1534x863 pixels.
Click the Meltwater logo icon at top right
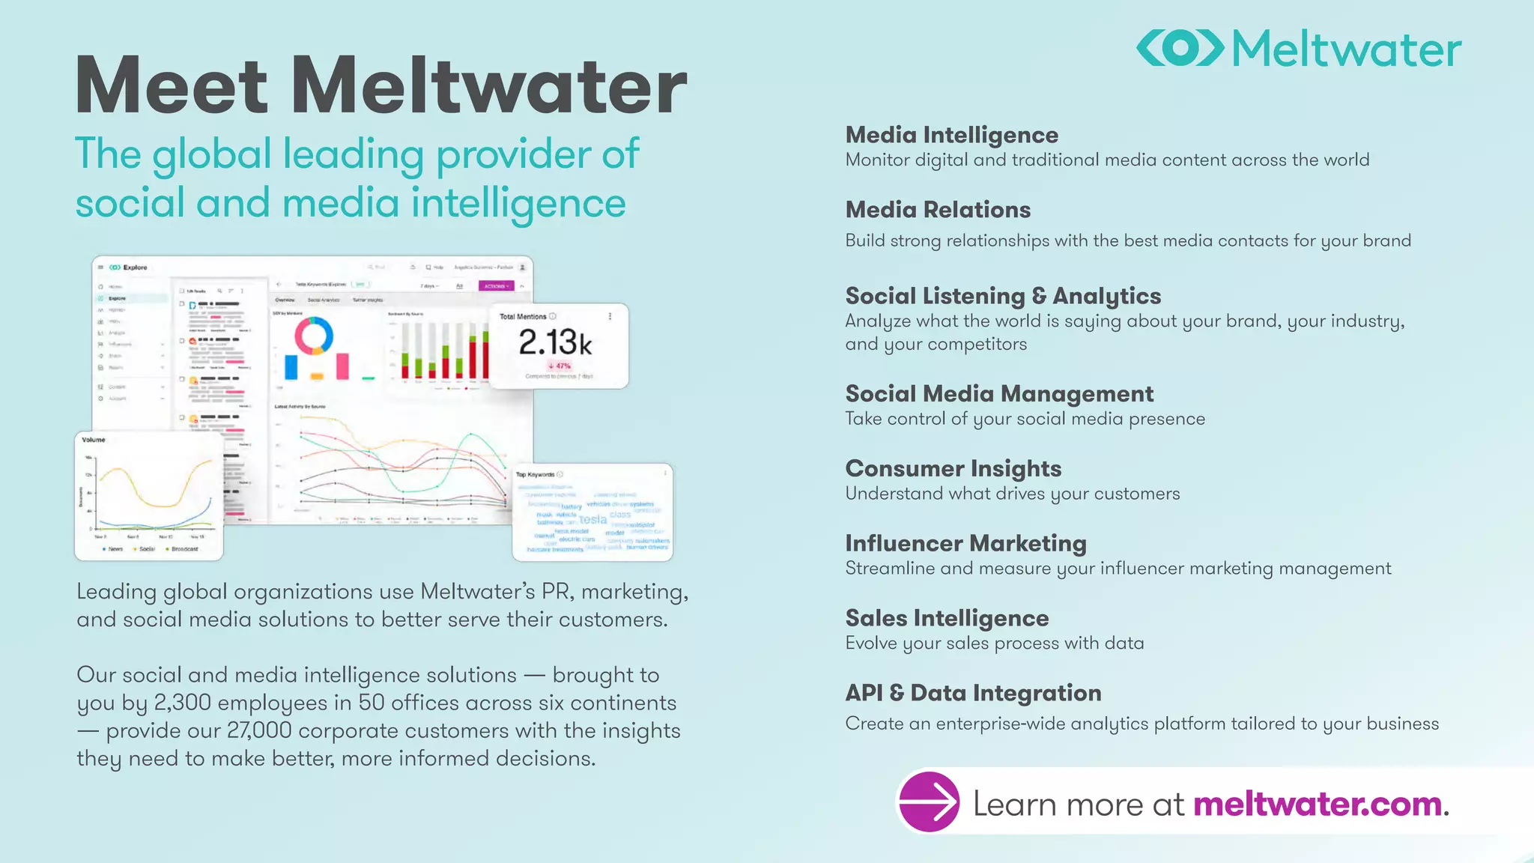[x=1180, y=48]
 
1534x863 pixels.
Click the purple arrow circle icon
[x=929, y=802]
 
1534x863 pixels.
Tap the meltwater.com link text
[x=1318, y=805]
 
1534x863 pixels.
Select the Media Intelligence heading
[x=951, y=135]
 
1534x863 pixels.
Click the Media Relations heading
[x=938, y=210]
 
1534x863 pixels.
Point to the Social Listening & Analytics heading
[x=1003, y=296]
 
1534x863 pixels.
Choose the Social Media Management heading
[x=999, y=393]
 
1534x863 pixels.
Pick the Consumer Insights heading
[x=953, y=468]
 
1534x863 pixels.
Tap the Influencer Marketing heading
[x=965, y=543]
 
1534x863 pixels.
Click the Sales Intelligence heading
[x=947, y=618]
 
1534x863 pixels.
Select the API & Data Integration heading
[x=973, y=693]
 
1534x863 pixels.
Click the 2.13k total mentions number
[x=555, y=342]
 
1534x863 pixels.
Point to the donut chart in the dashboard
[x=314, y=335]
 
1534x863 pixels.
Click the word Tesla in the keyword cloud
[x=592, y=519]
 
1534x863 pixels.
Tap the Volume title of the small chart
[x=94, y=440]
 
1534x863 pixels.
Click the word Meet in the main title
[x=172, y=85]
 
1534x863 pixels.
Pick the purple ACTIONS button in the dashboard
[x=496, y=286]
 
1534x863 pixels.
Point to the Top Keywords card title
[x=535, y=474]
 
